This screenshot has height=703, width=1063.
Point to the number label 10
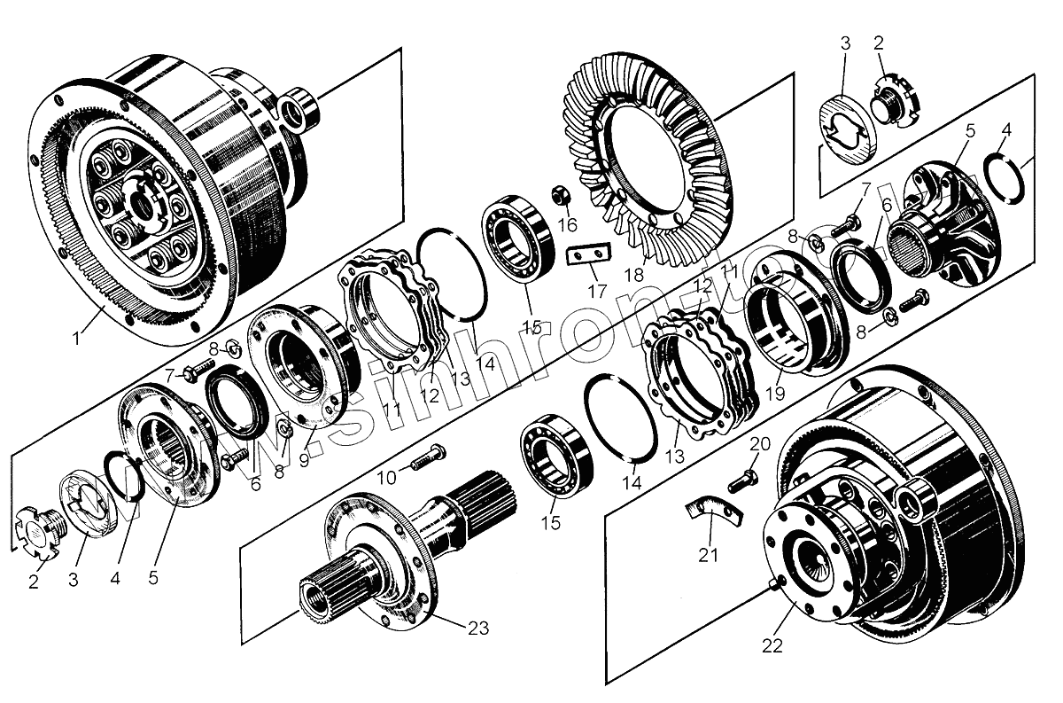click(x=386, y=478)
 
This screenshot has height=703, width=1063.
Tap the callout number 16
click(x=566, y=223)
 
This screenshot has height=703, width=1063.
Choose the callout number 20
click(x=760, y=443)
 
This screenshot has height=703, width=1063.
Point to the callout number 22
click(x=772, y=645)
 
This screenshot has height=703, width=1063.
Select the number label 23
click(x=477, y=628)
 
